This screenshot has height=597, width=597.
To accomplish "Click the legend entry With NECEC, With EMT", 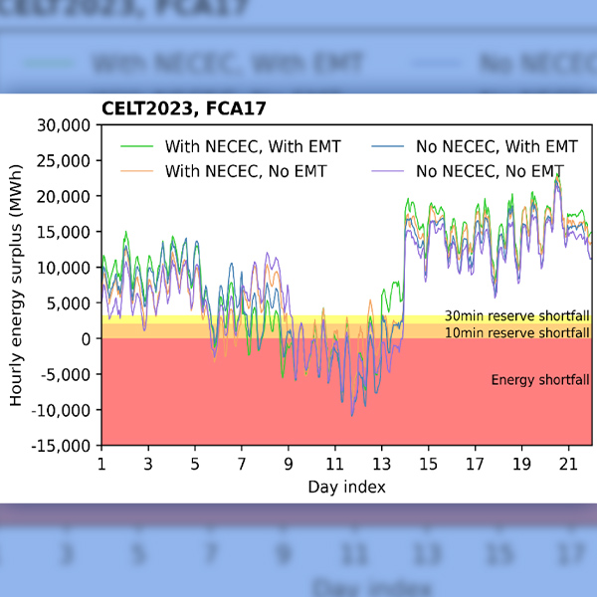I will point(253,146).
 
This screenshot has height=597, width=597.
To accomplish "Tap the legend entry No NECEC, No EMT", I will point(490,171).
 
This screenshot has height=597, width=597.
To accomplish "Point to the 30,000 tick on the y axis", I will point(65,125).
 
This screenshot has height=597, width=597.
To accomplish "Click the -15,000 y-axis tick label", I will point(63,446).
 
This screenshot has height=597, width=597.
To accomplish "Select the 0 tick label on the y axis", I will point(87,339).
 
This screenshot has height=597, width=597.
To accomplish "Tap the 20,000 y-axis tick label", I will point(65,196).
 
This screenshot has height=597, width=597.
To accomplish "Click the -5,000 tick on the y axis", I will point(66,374).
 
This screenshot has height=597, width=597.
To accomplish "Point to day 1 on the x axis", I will point(100,465).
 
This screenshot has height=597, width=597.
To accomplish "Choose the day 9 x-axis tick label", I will point(288,465).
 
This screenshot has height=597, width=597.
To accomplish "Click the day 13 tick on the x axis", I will point(381,465).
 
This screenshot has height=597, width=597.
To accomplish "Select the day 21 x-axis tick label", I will point(568,465).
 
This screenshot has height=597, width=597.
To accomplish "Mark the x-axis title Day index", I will point(346,487).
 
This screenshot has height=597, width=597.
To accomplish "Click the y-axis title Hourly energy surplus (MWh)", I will point(16,286).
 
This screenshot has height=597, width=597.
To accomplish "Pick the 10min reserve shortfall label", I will point(516,332).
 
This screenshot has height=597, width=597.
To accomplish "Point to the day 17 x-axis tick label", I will point(475,465).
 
